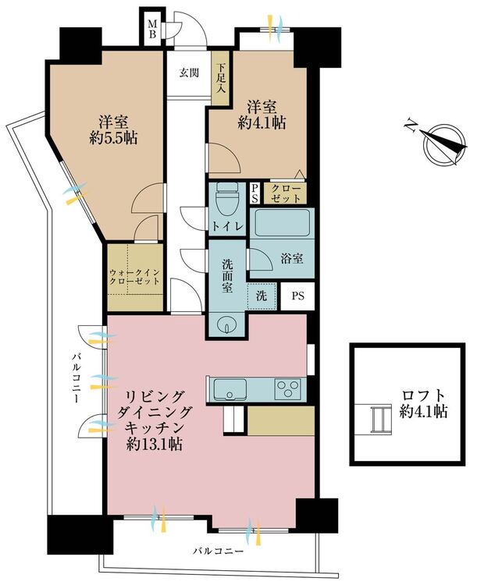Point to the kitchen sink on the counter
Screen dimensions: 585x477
[229, 388]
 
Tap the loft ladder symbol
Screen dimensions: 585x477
[379, 420]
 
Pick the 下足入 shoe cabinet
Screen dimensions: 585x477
[222, 77]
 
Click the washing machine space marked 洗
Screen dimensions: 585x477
[262, 296]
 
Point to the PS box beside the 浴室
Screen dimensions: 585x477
[297, 296]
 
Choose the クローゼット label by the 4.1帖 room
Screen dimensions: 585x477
[284, 192]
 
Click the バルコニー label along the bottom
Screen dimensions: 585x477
[219, 551]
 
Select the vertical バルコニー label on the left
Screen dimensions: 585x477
[76, 378]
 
